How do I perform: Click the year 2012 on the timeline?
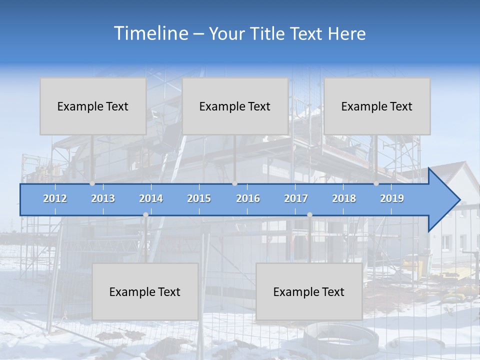(55, 198)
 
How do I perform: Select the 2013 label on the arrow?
(103, 198)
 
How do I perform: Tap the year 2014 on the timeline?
(151, 198)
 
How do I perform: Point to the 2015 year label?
(199, 198)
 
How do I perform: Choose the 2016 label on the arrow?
(248, 198)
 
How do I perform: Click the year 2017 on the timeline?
(296, 198)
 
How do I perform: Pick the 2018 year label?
(344, 198)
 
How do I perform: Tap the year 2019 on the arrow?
(392, 198)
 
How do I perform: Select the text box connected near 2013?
(93, 106)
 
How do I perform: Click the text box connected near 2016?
(235, 106)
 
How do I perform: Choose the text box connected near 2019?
(377, 106)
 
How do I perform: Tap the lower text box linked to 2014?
(145, 292)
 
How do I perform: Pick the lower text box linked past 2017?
(309, 292)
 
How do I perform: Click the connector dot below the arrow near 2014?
(145, 214)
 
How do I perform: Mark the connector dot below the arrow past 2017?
(309, 214)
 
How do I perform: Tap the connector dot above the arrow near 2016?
(234, 183)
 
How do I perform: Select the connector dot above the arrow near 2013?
(92, 183)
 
